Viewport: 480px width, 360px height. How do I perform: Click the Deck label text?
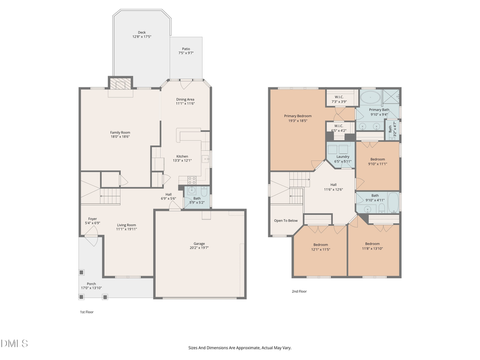pos(142,33)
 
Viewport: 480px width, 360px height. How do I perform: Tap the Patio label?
pos(186,49)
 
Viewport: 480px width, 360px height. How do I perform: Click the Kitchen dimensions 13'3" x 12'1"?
pos(182,161)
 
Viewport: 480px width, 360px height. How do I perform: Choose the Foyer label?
pos(92,219)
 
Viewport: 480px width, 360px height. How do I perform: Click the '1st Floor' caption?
pos(86,311)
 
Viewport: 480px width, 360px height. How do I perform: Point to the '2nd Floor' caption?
pos(299,291)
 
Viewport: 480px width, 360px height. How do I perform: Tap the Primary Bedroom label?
pos(298,116)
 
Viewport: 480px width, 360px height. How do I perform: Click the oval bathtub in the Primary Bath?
pos(370,98)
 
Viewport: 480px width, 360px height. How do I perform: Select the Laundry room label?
pos(343,157)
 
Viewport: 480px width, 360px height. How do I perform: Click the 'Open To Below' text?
pos(286,220)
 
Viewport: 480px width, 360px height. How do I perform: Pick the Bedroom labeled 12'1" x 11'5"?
pos(321,245)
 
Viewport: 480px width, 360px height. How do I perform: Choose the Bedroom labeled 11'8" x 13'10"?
pos(372,244)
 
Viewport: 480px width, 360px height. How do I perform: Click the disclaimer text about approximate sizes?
pos(239,348)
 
